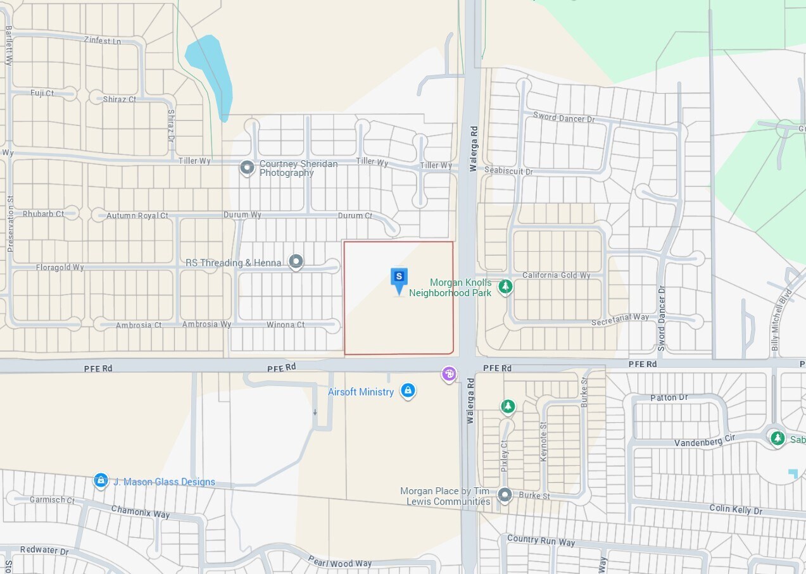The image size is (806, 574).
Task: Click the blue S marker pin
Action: click(x=399, y=278)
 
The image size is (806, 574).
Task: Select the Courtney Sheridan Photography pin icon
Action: click(x=247, y=168)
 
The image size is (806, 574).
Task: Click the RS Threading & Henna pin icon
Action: click(x=296, y=261)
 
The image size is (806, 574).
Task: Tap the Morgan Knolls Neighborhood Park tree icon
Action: click(x=505, y=287)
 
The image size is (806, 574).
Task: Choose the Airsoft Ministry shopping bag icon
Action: click(x=408, y=391)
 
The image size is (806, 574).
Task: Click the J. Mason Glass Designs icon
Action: click(x=101, y=482)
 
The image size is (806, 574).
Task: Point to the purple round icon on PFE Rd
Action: click(x=449, y=375)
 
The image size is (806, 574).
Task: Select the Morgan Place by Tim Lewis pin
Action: click(x=505, y=495)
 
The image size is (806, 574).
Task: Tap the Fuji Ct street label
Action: click(x=42, y=93)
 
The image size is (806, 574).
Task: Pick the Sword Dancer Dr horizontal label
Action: click(x=564, y=118)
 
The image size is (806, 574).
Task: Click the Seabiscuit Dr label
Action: click(x=509, y=172)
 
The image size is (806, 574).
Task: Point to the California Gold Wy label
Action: click(x=556, y=275)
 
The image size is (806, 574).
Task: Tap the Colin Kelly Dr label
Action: click(x=736, y=510)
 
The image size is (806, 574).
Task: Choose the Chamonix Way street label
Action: click(x=141, y=511)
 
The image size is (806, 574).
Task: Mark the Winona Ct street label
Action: click(x=285, y=325)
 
